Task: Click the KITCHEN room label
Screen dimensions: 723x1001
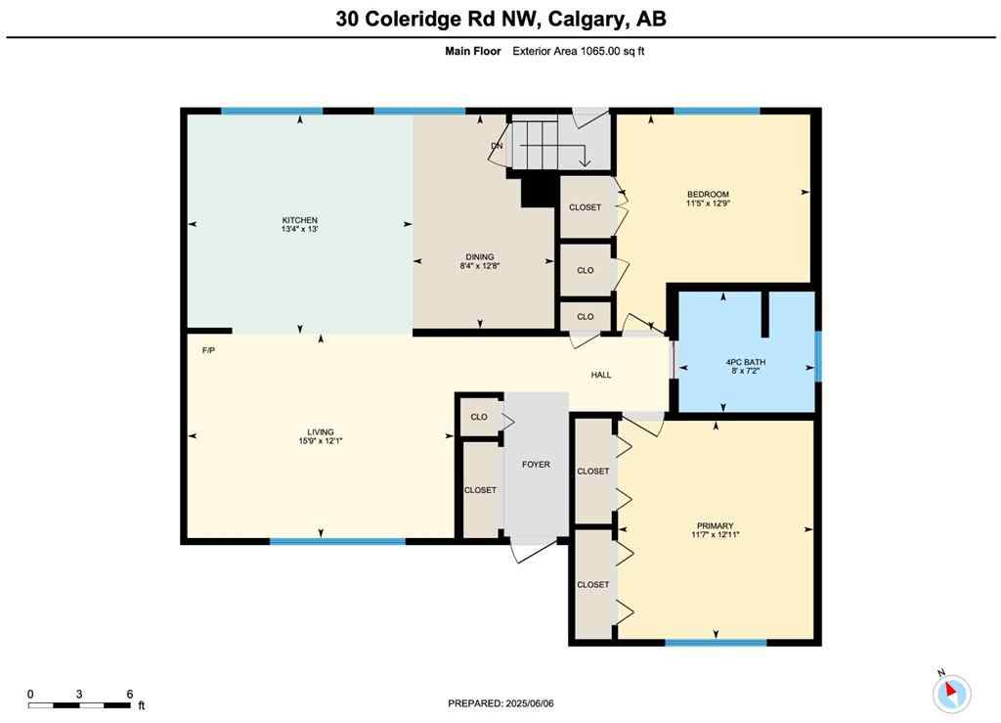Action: coord(300,220)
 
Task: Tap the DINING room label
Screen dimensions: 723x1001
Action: coord(479,256)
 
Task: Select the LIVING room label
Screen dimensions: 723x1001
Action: coord(321,431)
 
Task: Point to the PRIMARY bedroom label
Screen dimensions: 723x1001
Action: coord(716,525)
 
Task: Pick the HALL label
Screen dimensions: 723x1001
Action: coord(601,375)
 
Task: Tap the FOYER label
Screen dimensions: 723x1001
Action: coord(536,464)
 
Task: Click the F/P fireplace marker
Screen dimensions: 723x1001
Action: coord(208,349)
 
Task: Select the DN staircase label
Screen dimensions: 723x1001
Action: coord(497,146)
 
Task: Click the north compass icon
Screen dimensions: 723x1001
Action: coord(950,693)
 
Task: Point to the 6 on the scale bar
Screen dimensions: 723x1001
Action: coord(130,694)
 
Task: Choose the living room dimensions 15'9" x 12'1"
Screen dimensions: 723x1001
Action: coord(321,441)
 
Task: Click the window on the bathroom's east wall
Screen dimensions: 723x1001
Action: coord(818,356)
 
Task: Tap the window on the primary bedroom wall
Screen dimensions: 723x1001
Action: coord(716,642)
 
